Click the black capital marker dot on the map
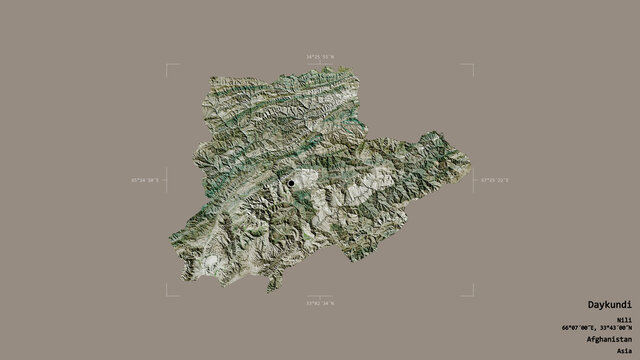pyautogui.click(x=292, y=183)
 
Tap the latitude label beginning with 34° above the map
pyautogui.click(x=320, y=58)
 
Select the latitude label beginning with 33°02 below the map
pyautogui.click(x=320, y=302)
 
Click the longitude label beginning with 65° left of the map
pyautogui.click(x=145, y=180)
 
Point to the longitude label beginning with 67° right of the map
pyautogui.click(x=494, y=180)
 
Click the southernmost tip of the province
pyautogui.click(x=268, y=291)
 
